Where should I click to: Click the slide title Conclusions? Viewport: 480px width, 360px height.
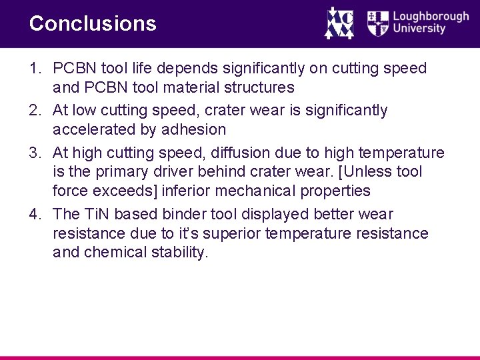pos(93,24)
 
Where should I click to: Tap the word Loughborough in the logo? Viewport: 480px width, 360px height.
pos(431,17)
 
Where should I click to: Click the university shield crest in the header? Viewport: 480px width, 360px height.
pos(377,23)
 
